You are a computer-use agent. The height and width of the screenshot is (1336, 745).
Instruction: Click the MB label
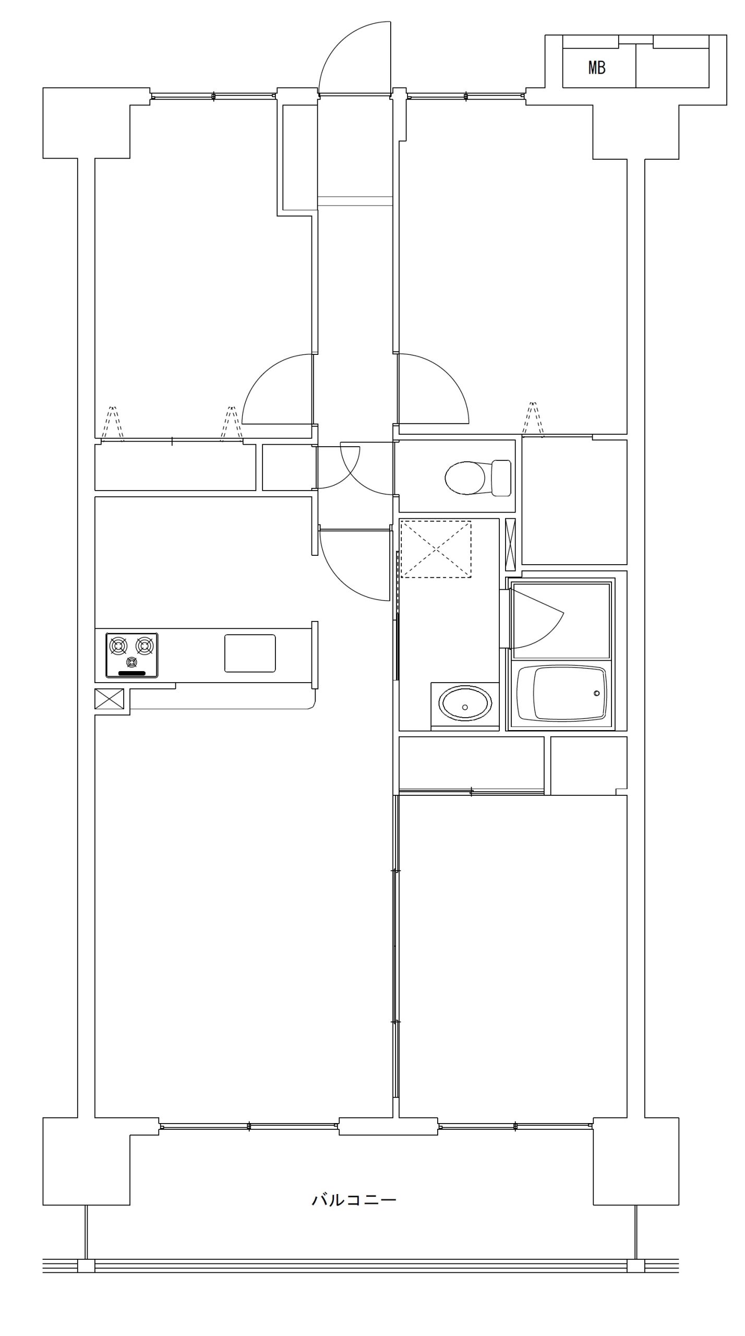[596, 67]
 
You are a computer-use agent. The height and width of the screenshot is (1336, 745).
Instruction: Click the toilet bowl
[466, 478]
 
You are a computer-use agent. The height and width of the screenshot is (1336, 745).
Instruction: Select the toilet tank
[501, 478]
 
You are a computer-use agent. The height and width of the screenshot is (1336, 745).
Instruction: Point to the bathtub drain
[597, 694]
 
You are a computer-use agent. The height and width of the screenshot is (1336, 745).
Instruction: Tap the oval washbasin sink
[465, 703]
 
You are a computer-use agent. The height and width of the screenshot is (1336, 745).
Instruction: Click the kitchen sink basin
[250, 653]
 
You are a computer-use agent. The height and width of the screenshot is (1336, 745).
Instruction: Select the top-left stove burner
[118, 646]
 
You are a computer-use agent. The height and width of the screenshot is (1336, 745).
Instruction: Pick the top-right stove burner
[145, 646]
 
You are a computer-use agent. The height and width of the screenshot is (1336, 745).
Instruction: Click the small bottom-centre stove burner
[131, 663]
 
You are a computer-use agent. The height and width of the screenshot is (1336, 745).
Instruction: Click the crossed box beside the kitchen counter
[110, 699]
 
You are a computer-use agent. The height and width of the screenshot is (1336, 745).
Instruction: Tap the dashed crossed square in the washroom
[436, 549]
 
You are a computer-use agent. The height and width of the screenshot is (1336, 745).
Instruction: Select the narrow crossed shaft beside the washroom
[511, 544]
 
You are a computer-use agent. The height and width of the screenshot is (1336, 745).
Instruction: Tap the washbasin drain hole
[465, 708]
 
